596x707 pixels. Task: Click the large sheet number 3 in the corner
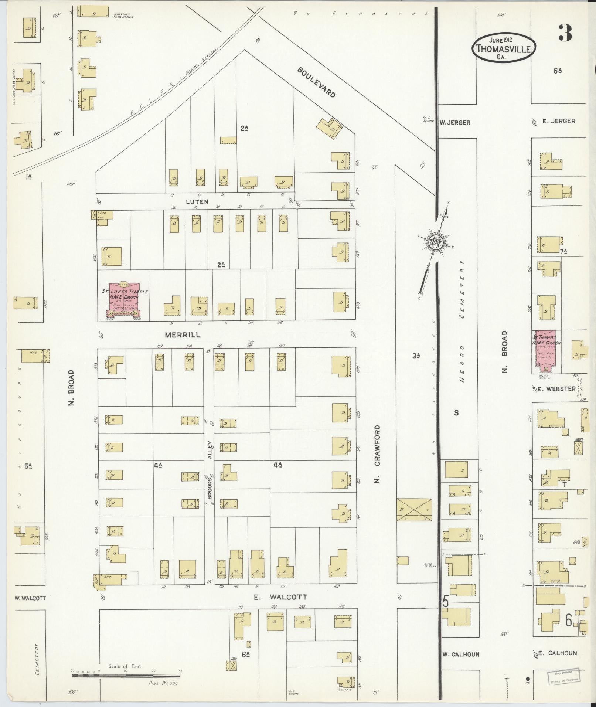click(x=565, y=33)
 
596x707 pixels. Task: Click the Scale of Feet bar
click(x=126, y=676)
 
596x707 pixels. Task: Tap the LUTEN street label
click(x=197, y=202)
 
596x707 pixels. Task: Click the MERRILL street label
click(x=183, y=334)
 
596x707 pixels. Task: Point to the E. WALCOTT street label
click(x=281, y=597)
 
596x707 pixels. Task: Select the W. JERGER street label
click(x=454, y=123)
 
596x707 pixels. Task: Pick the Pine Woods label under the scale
click(x=163, y=683)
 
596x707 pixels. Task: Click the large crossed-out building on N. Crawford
click(x=414, y=510)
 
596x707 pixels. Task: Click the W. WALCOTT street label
click(x=30, y=598)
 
